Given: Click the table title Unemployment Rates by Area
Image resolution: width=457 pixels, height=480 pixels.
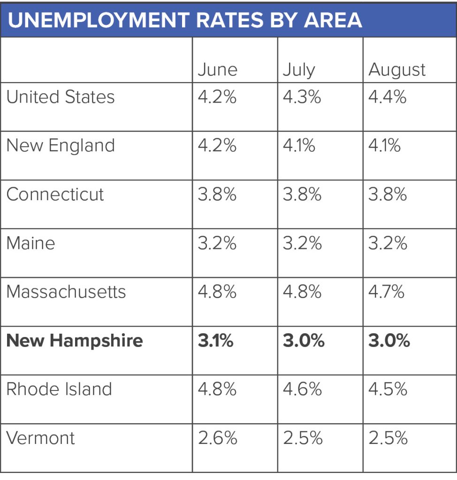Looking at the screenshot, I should point(185,20).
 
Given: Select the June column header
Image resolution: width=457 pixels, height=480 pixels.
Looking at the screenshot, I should point(217,70).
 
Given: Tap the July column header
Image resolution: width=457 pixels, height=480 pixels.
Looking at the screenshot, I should point(299,70).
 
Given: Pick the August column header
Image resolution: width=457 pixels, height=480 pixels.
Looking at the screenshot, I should point(397,70).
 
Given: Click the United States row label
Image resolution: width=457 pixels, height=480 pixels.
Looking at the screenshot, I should point(61,97).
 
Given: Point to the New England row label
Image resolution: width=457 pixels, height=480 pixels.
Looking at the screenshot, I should point(61,145).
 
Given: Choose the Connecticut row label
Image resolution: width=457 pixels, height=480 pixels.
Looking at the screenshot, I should point(55,194).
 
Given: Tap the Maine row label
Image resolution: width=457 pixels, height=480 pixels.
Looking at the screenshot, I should point(30,243).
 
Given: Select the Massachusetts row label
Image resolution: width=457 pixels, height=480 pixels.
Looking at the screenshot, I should point(66,292).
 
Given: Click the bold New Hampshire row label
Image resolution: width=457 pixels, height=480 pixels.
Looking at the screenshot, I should point(75,340).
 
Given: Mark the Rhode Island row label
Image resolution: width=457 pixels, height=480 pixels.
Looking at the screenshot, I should point(59,389).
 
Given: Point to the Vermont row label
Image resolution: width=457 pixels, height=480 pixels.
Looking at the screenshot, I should point(40,438).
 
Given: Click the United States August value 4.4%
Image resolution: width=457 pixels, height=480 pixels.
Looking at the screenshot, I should point(388,97).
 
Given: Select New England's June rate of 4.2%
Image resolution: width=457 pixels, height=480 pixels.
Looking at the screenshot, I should point(217,145).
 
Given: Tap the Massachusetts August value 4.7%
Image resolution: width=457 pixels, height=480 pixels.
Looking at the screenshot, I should point(387,292).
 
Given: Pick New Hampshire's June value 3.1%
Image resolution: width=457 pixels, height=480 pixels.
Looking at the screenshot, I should point(215,340).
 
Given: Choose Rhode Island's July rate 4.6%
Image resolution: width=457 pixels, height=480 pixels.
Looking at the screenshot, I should point(302,389).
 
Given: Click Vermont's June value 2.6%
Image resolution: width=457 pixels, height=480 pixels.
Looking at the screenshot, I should point(217,438).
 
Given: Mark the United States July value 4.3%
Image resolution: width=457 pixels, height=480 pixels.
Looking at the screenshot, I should point(302,97).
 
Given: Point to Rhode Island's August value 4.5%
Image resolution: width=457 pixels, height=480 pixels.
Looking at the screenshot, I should point(388,389).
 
